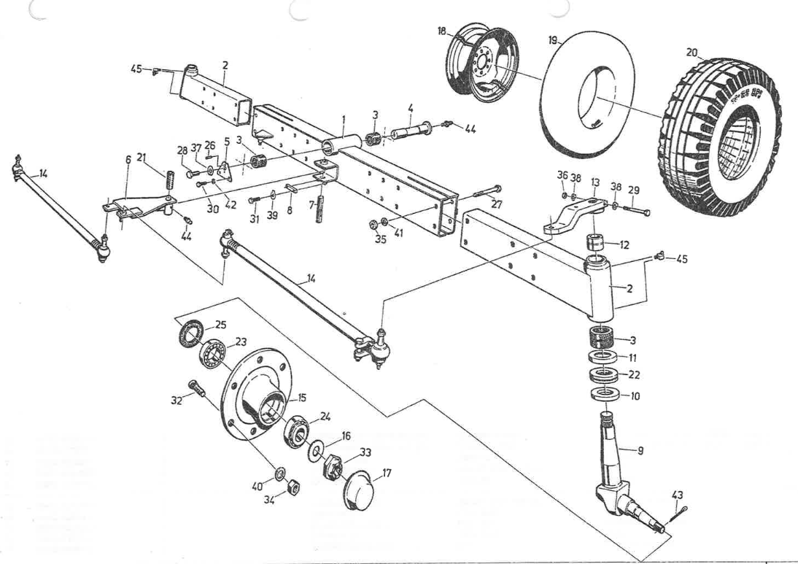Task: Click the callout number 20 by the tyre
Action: point(692,53)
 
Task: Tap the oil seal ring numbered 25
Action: point(190,335)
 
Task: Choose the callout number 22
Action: point(634,374)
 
